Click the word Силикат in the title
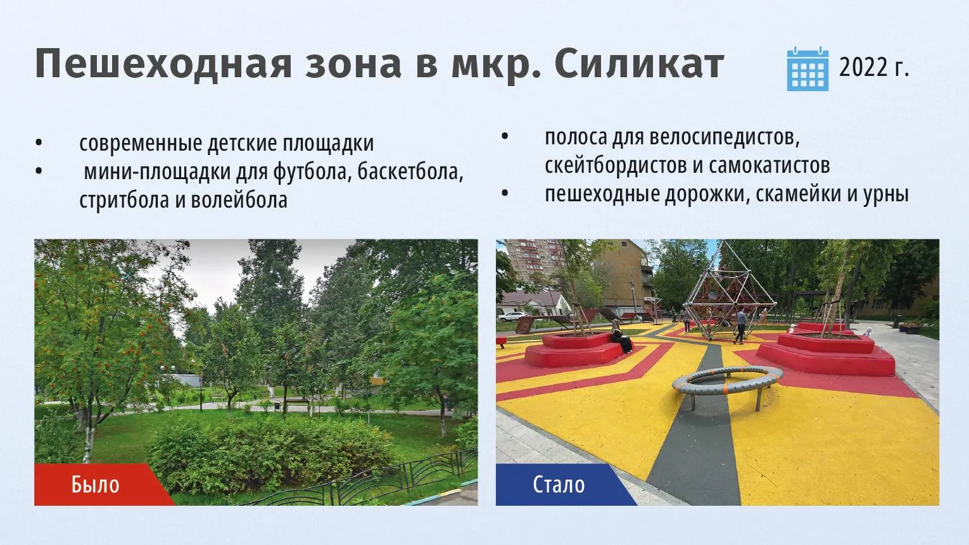(640, 65)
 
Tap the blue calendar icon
(807, 69)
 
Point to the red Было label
(96, 484)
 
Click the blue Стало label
(559, 484)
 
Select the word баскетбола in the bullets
(410, 172)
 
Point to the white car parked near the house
(511, 316)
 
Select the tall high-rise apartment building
(535, 261)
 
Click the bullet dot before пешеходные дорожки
(504, 193)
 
